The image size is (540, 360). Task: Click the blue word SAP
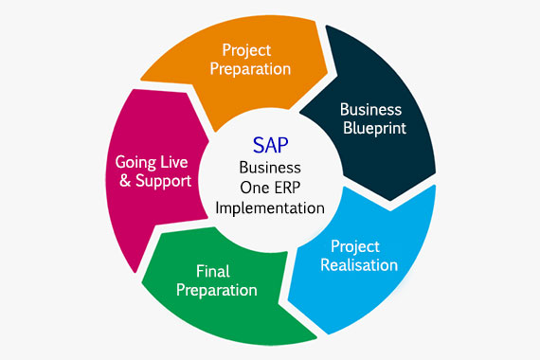point(270,145)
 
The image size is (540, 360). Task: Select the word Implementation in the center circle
point(270,207)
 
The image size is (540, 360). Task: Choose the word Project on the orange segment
point(245,48)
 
